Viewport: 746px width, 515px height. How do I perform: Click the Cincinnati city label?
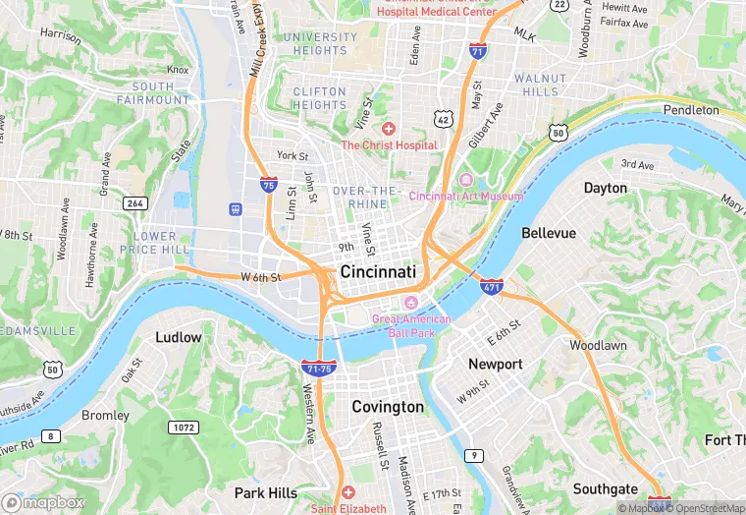pos(378,271)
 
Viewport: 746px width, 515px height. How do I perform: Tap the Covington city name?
pos(388,406)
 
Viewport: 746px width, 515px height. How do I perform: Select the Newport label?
pos(496,364)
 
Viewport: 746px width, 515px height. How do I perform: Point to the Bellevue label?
pos(549,233)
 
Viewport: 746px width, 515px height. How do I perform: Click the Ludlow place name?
pos(179,337)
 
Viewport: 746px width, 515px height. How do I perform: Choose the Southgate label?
pos(605,488)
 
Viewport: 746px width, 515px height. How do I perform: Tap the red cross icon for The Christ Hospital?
pos(389,129)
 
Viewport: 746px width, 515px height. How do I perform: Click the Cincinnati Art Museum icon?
pos(465,180)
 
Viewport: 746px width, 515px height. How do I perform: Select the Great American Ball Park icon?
pos(411,300)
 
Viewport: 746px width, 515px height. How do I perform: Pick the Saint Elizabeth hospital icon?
pos(347,492)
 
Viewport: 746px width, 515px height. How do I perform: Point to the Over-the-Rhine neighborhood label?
pos(367,197)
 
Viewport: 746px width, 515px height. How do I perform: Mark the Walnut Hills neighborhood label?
pos(541,85)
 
